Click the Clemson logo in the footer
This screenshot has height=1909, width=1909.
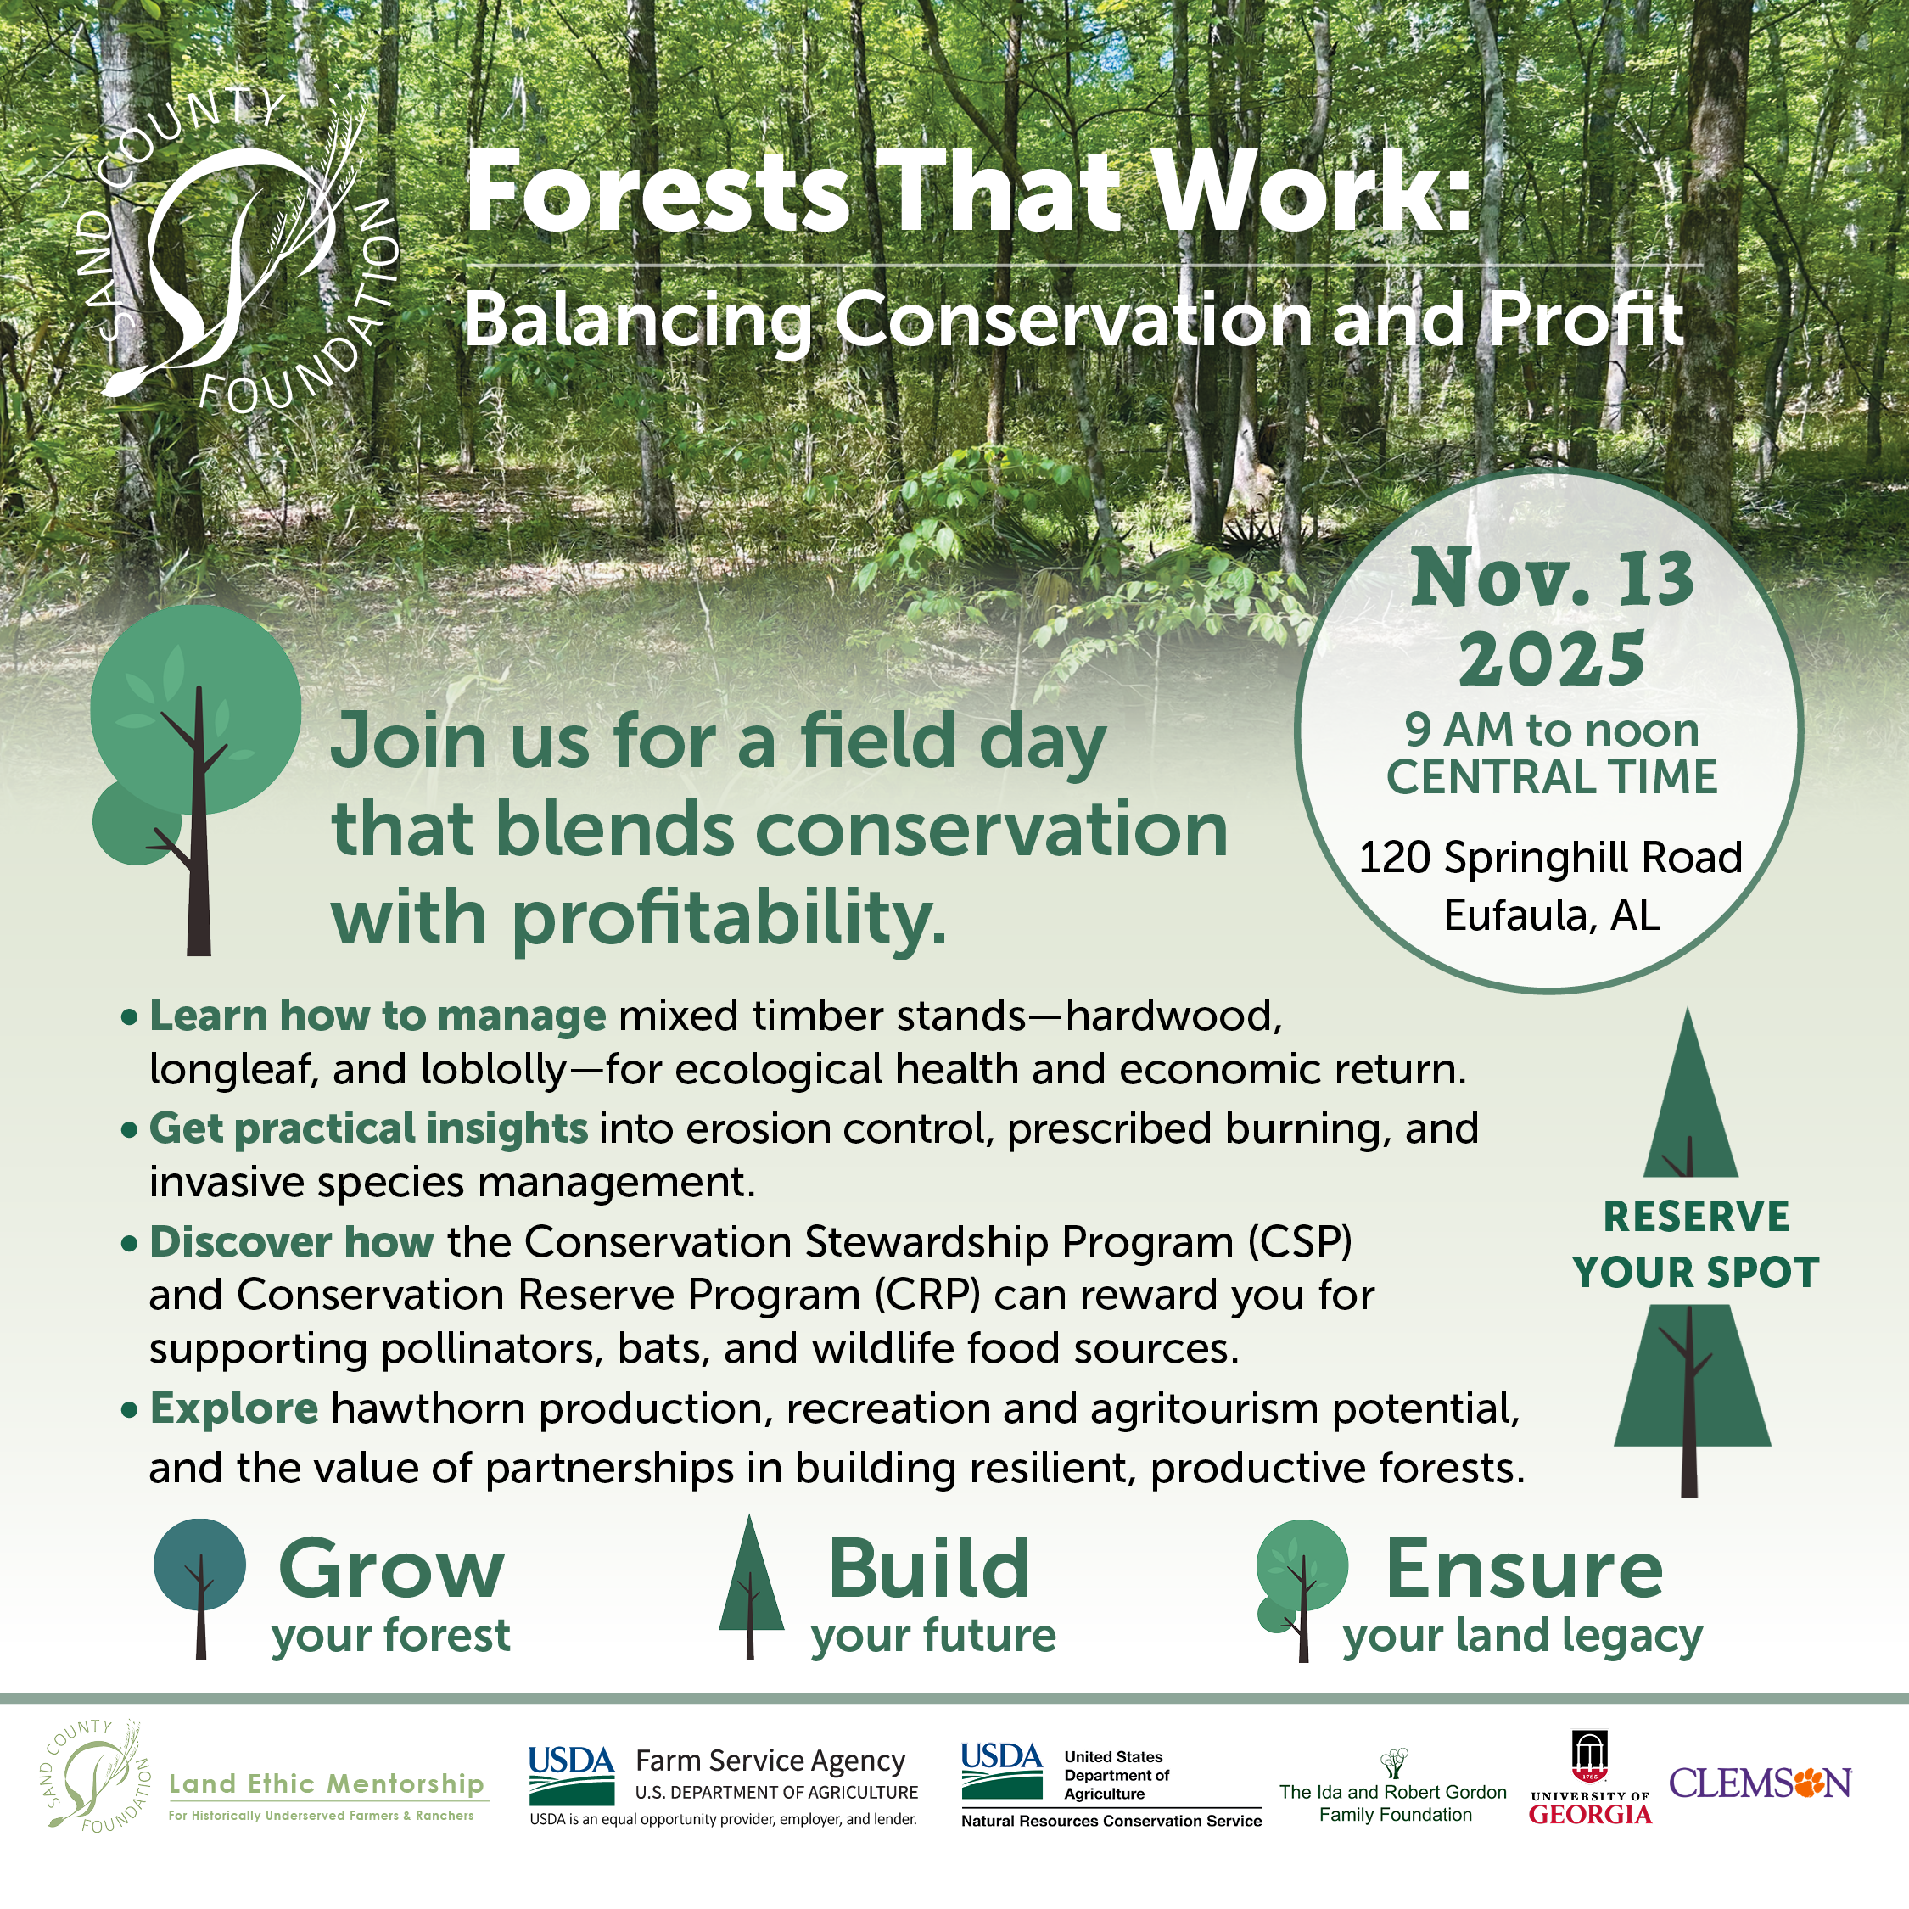click(1760, 1783)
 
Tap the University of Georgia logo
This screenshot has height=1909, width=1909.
click(1590, 1777)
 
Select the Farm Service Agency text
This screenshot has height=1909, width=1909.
click(770, 1761)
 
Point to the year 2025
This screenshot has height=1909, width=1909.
click(1551, 659)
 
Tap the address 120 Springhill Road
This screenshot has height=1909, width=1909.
click(1550, 858)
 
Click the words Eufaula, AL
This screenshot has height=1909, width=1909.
click(1551, 915)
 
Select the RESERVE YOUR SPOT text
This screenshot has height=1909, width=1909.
click(1695, 1244)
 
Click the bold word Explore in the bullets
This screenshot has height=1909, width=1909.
click(234, 1409)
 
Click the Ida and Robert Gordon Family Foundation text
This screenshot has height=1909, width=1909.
click(1393, 1802)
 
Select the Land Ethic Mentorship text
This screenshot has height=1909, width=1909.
click(326, 1783)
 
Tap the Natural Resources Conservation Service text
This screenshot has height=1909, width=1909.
click(1111, 1821)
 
